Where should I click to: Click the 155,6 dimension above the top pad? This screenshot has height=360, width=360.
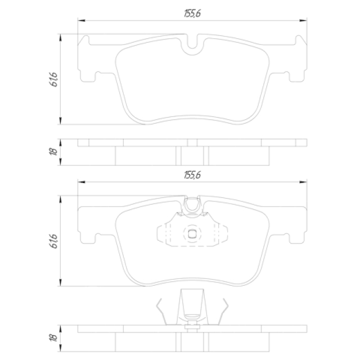point(192,13)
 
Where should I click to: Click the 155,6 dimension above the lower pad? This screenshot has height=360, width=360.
point(192,175)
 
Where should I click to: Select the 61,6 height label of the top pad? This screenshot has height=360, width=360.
point(53,79)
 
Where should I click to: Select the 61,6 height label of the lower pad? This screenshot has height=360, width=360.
point(53,241)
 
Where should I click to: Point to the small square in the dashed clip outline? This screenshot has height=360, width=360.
point(192,234)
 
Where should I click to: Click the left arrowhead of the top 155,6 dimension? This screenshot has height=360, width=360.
point(81,20)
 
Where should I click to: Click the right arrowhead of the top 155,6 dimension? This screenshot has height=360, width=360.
point(303,20)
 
